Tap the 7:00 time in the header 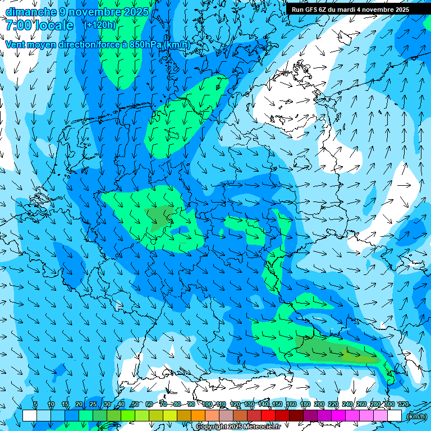[18, 25]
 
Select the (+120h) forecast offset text [100, 25]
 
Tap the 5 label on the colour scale [35, 405]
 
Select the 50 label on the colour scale [135, 405]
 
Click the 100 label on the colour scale [207, 405]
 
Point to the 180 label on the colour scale [305, 405]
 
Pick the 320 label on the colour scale [403, 405]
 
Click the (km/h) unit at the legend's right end [416, 416]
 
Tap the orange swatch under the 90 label [198, 416]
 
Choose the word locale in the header [54, 25]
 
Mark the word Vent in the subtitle [16, 45]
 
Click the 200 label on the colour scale [319, 405]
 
